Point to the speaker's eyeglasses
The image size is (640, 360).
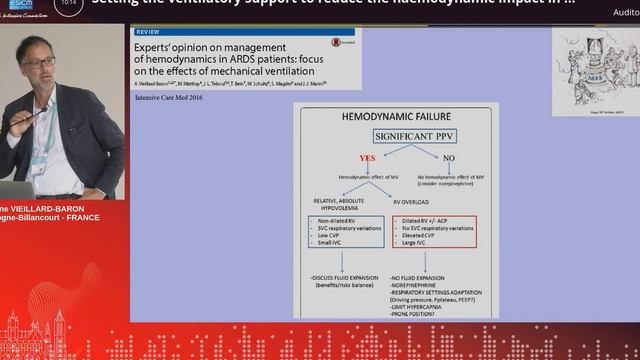(x=39, y=62)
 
